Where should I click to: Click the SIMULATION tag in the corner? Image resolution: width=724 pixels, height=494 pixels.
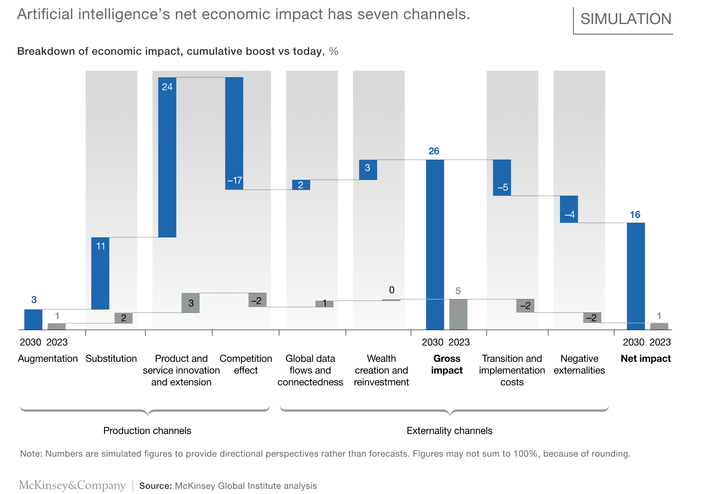[625, 19]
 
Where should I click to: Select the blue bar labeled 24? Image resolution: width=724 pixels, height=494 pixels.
[167, 157]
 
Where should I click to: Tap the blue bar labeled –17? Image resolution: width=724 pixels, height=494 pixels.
[234, 133]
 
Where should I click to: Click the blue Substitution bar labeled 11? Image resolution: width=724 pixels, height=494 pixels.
[100, 273]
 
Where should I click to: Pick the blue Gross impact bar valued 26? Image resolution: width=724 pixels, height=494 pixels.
[435, 244]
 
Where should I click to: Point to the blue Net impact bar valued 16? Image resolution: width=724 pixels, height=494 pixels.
[635, 276]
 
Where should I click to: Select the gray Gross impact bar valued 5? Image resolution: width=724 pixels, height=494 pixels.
[458, 314]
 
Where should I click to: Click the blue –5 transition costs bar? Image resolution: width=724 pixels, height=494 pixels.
[502, 178]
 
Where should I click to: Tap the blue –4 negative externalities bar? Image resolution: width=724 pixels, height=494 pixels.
[569, 209]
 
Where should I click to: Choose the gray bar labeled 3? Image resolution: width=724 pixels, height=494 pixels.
[190, 303]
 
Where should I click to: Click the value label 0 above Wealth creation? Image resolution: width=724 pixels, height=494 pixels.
[391, 290]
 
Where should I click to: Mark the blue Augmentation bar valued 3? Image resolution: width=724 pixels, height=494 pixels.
[33, 319]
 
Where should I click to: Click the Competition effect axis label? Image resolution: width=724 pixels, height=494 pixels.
[246, 364]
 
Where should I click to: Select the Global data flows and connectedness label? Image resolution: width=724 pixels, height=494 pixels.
[310, 370]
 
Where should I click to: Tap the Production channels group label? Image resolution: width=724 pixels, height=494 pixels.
[147, 430]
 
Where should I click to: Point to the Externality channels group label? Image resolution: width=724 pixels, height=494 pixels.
[449, 430]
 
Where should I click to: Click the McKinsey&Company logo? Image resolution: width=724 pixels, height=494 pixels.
[72, 485]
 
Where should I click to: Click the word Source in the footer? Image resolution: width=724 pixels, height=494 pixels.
[155, 486]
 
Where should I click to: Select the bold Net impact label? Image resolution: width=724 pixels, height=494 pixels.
[645, 358]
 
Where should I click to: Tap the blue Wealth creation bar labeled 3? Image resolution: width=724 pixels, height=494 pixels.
[368, 169]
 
